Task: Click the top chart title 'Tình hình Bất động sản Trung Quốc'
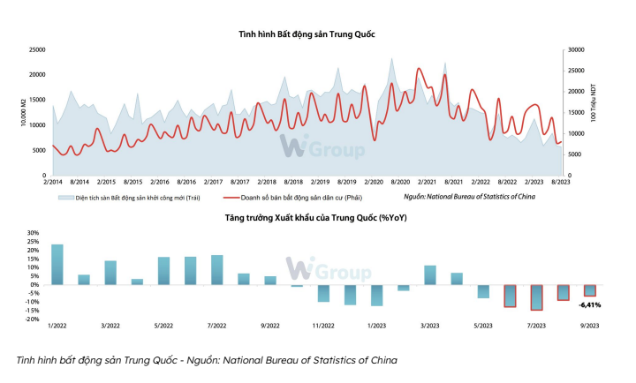tap(307, 34)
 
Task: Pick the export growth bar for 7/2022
tap(217, 270)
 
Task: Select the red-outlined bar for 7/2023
tap(536, 297)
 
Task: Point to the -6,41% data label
tap(589, 304)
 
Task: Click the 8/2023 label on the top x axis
tap(559, 182)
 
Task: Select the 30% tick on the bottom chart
tap(34, 234)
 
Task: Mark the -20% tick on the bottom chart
tap(33, 319)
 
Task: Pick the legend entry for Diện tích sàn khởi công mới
tap(124, 199)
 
